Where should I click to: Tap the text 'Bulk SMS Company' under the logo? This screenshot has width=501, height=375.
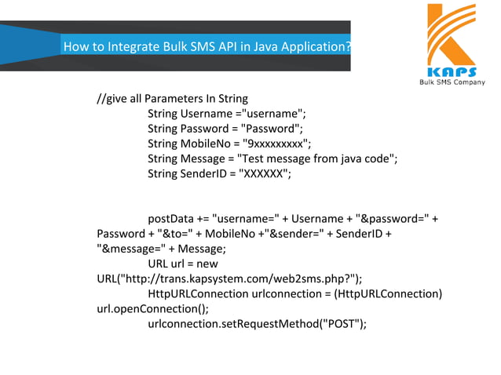tap(452, 82)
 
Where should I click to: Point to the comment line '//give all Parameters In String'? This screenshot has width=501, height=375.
tap(172, 99)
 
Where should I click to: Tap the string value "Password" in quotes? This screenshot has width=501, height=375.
tap(269, 129)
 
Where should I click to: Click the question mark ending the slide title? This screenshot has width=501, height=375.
tap(347, 46)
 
